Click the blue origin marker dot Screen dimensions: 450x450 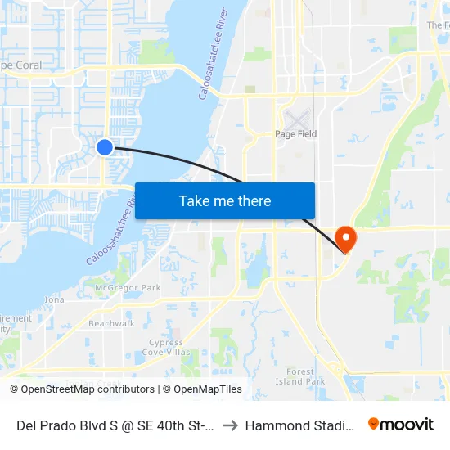tap(105, 146)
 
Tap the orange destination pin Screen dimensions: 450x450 tap(346, 238)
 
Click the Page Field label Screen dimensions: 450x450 tap(295, 134)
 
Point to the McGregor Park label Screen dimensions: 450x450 tap(128, 288)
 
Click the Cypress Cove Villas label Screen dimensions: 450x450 tap(166, 348)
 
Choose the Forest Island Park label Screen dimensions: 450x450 tap(300, 376)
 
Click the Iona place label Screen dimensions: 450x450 tap(55, 300)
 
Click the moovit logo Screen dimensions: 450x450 tap(400, 424)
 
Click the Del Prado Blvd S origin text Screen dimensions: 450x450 tap(115, 425)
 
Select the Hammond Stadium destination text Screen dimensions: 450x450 tap(299, 425)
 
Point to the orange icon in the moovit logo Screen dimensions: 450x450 tap(374, 424)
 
